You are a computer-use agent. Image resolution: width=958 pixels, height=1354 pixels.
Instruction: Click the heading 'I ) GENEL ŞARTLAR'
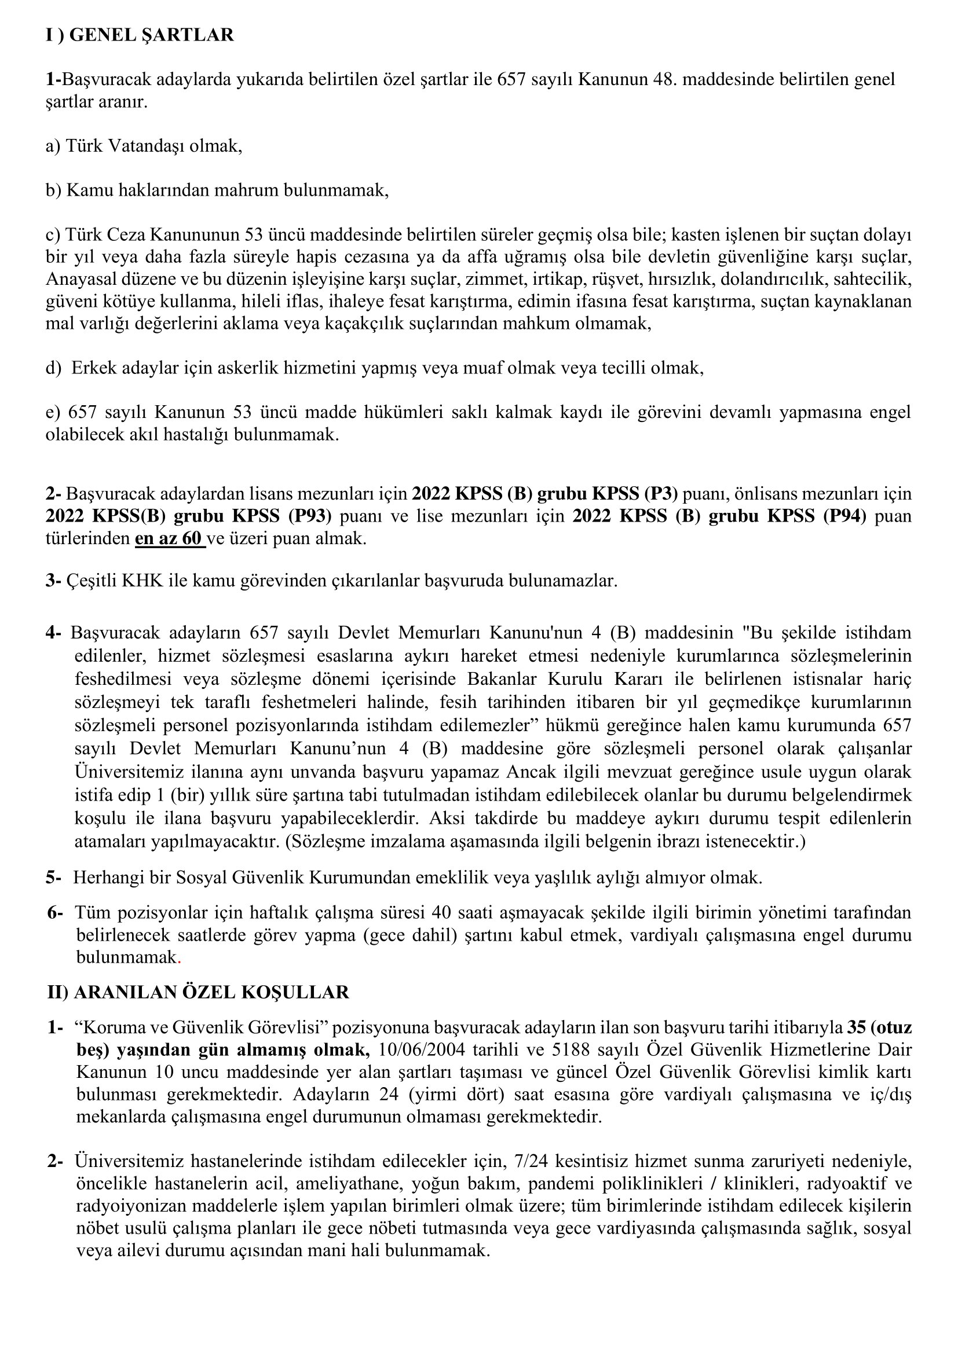click(140, 35)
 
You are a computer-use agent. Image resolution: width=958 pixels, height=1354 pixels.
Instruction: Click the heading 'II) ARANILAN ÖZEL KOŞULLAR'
click(198, 992)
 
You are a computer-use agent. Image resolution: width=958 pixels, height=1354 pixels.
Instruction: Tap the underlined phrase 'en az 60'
click(170, 539)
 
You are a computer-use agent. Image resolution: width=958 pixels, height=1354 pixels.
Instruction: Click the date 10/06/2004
click(421, 1050)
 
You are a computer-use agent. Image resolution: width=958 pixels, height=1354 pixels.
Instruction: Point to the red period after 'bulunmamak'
click(180, 957)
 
